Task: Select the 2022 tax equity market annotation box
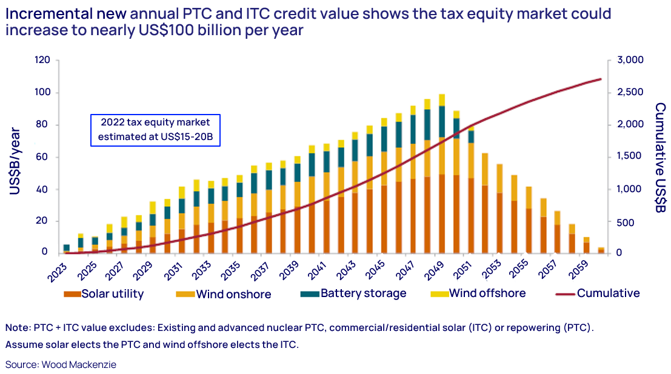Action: pos(155,130)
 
